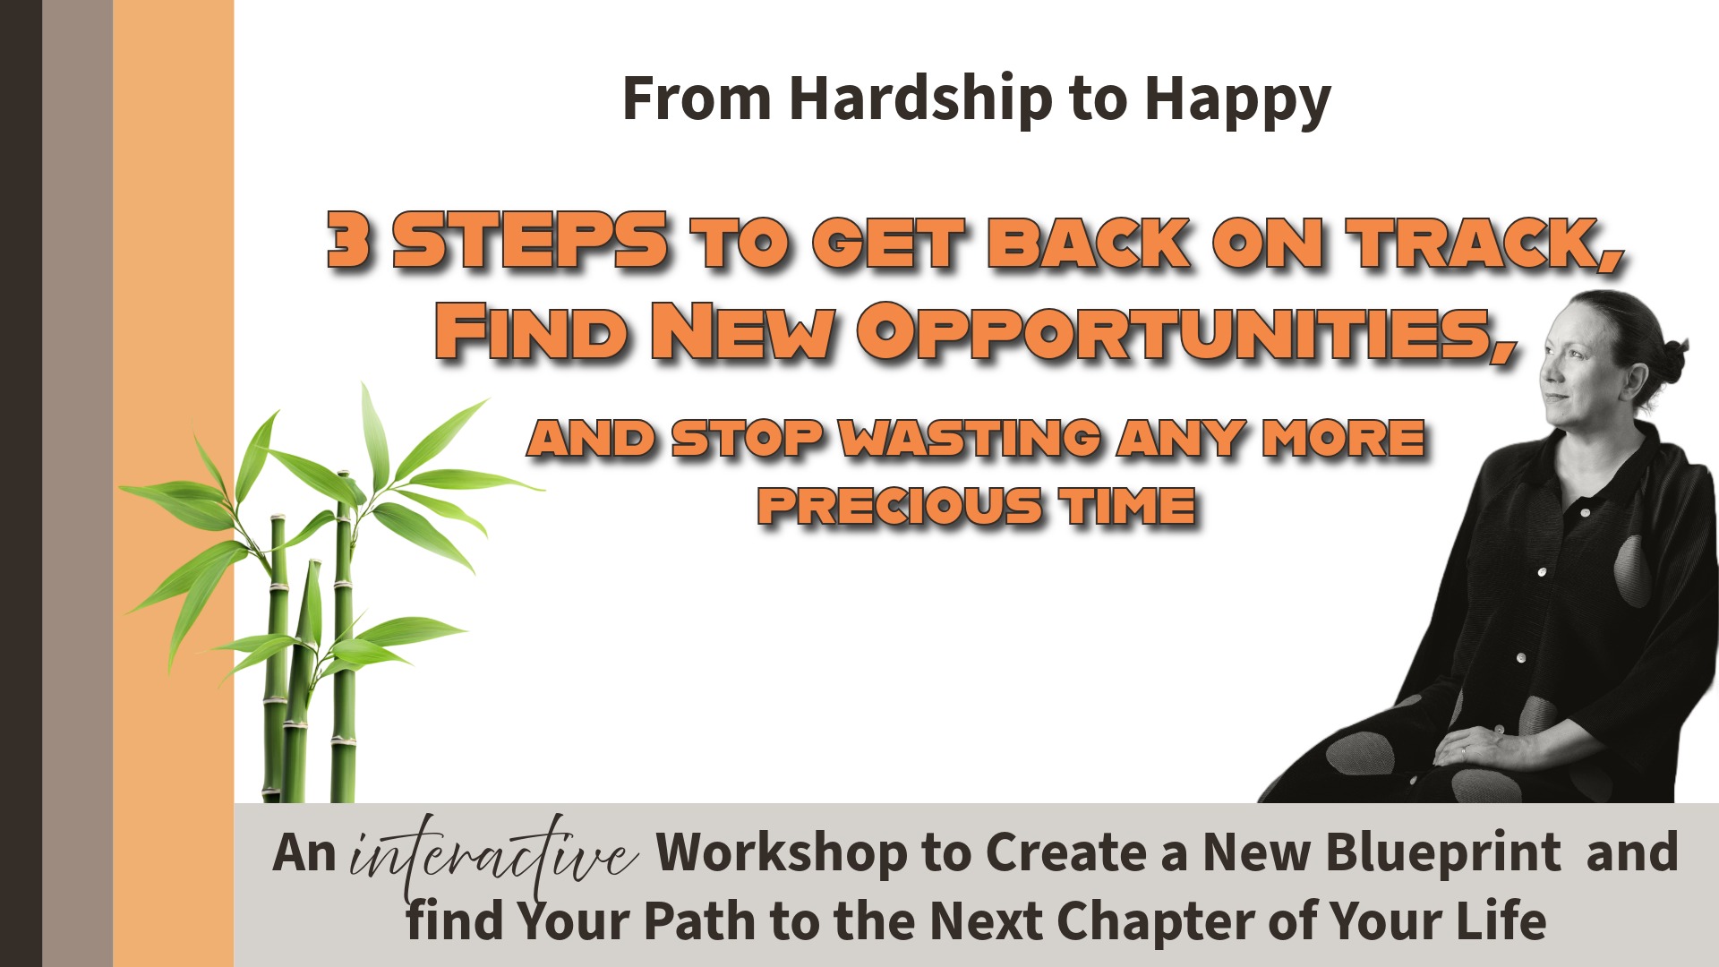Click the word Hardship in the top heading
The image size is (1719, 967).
pyautogui.click(x=920, y=100)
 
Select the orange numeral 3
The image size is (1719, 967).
pyautogui.click(x=348, y=240)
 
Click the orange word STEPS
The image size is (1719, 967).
pyautogui.click(x=530, y=240)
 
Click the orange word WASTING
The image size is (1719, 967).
pyautogui.click(x=971, y=438)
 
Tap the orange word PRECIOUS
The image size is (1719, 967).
pyautogui.click(x=900, y=506)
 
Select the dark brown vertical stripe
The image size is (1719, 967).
pyautogui.click(x=21, y=483)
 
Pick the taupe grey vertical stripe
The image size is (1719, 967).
pyautogui.click(x=77, y=483)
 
